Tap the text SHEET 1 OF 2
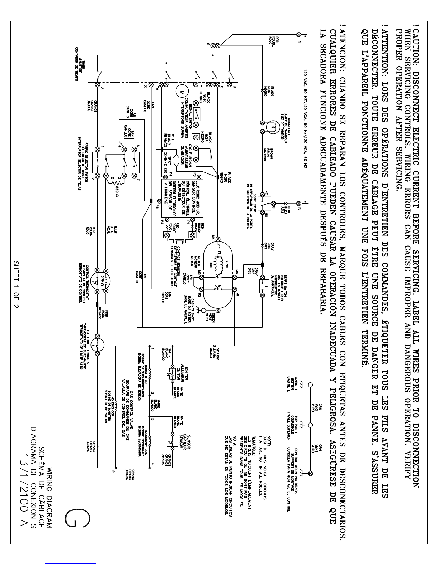[16, 284]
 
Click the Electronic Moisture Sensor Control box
[182, 198]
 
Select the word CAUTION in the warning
[415, 51]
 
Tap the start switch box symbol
[264, 285]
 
